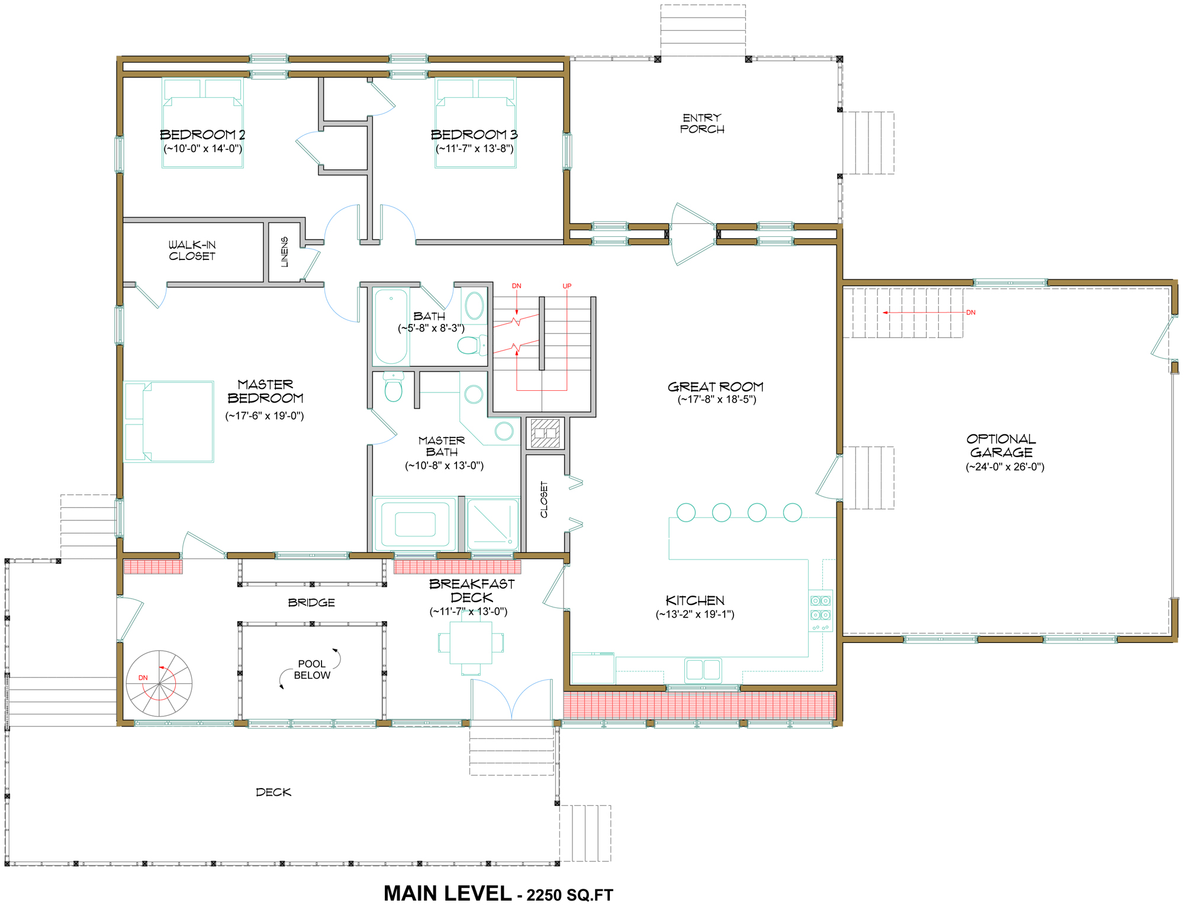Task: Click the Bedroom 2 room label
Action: (x=202, y=134)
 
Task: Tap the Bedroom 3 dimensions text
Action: (x=475, y=149)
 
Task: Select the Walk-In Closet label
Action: (x=192, y=250)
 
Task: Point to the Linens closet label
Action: (x=285, y=252)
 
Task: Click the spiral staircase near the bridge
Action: (x=159, y=683)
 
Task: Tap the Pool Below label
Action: (x=312, y=670)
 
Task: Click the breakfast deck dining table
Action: (x=471, y=642)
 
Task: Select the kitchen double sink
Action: (x=703, y=670)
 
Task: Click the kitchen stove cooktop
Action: (x=821, y=610)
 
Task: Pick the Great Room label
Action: (x=716, y=387)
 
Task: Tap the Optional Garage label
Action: (x=1002, y=445)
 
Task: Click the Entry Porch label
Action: (x=702, y=123)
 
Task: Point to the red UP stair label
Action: (x=567, y=286)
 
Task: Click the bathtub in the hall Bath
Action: (x=391, y=326)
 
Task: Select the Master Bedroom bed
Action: (x=169, y=422)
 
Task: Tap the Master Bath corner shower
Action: (x=493, y=524)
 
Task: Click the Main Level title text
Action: (x=498, y=894)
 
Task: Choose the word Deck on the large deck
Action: (x=274, y=792)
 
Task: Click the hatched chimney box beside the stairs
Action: (x=545, y=433)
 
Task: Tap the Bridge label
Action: (x=311, y=603)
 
